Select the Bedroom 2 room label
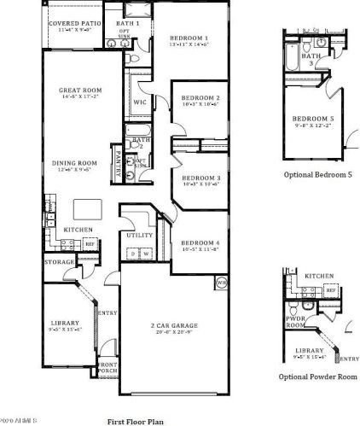[202, 97]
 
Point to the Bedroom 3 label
[202, 178]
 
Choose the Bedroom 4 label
[201, 245]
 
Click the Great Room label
[81, 89]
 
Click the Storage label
[60, 262]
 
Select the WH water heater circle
[221, 282]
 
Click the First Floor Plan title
[135, 420]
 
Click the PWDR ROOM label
[295, 321]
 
